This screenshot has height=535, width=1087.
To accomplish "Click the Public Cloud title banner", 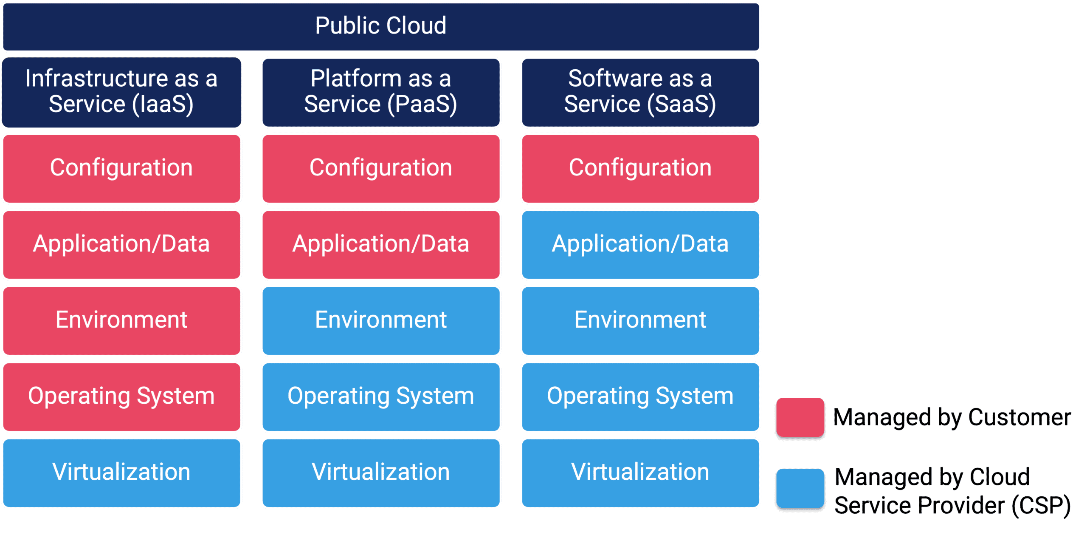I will click(381, 26).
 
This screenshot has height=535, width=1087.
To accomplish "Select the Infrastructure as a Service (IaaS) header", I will click(121, 92).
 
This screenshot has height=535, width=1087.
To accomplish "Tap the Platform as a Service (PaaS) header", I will click(381, 92).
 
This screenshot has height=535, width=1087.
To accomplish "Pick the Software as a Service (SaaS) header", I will click(640, 92).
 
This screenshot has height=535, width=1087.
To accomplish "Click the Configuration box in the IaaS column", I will click(121, 168).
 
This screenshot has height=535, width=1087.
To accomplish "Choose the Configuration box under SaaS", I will click(640, 168).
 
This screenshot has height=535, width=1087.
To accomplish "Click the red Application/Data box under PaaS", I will click(381, 244).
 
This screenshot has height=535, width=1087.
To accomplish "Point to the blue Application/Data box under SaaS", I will click(640, 244).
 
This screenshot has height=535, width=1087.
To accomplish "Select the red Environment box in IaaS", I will click(121, 320).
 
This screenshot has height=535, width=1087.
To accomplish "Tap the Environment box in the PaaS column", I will click(381, 320).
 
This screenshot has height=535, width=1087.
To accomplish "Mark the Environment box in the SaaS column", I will click(640, 320).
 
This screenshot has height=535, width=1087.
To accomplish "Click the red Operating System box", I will click(121, 396).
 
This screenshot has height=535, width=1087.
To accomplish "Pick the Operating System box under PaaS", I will click(381, 396).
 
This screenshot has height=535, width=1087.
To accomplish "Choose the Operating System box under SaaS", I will click(640, 396).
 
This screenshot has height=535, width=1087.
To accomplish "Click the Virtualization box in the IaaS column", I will click(121, 472).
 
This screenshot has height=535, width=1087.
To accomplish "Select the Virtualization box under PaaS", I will click(381, 472).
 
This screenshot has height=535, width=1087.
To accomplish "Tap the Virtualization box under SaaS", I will click(640, 472).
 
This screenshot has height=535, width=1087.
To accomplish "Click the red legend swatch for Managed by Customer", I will click(800, 417).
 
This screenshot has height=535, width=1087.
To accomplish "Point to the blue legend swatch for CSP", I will click(800, 489).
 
